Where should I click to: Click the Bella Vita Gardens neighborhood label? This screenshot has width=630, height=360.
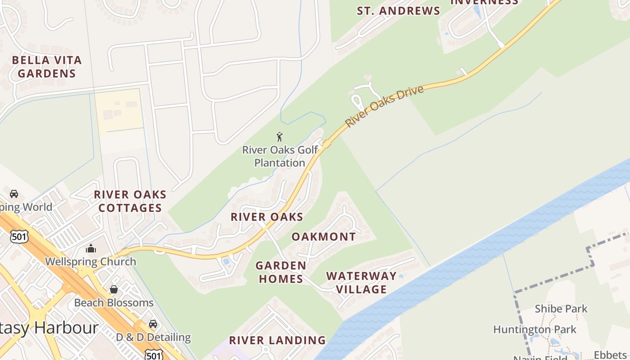pos(47,67)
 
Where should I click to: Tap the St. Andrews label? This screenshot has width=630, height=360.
pos(398,11)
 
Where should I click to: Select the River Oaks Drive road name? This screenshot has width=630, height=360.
pos(385,106)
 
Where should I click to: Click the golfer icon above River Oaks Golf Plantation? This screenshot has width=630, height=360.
pos(279,137)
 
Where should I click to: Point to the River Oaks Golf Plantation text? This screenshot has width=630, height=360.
pos(280,156)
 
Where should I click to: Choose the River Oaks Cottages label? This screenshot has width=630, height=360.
pos(130,201)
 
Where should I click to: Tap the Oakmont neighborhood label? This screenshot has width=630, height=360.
pos(324,237)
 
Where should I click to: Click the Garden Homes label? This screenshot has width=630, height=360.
pos(281,272)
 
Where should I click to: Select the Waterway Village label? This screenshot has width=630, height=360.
pos(361,283)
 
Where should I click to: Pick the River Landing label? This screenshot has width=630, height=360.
pos(277,340)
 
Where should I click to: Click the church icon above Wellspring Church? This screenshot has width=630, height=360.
pos(91,248)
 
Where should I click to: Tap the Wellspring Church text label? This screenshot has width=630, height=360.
pos(90,261)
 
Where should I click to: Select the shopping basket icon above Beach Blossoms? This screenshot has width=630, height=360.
pos(114,289)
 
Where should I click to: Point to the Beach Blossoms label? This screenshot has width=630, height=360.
pos(114,302)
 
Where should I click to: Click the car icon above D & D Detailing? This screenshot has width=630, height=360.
pos(153,324)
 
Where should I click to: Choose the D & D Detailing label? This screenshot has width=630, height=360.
pos(153,337)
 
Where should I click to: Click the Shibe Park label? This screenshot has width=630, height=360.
pos(561,309)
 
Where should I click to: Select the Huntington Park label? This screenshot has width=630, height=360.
pos(535,329)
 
